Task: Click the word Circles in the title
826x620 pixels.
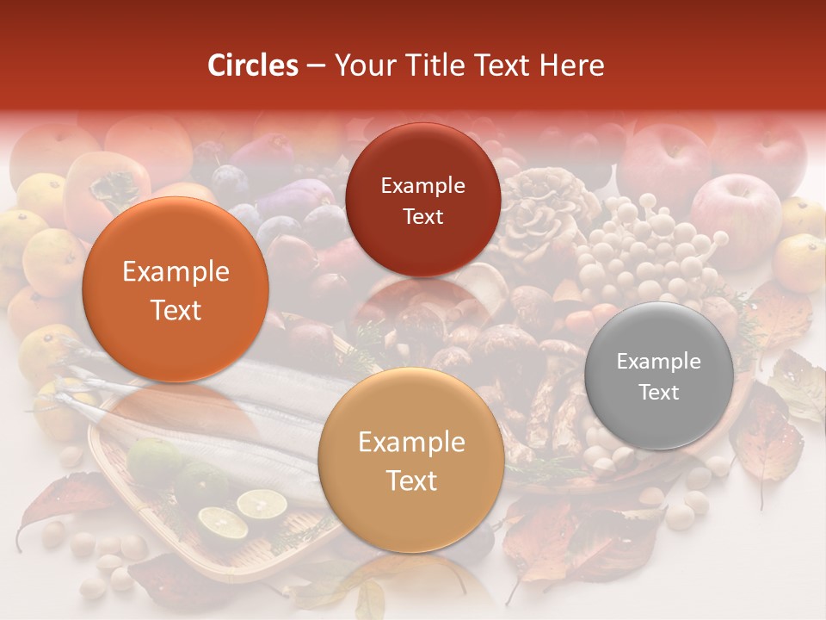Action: point(252,65)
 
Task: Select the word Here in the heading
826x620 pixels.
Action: point(571,65)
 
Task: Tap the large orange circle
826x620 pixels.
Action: point(176,289)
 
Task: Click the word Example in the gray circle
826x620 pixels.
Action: point(659,362)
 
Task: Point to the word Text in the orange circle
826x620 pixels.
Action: point(176,310)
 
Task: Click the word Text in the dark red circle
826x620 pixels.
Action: point(422,217)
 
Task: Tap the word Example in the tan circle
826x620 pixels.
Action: point(411,443)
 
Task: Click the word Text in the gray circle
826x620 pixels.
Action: point(659,393)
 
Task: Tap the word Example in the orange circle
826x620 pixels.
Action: point(176,272)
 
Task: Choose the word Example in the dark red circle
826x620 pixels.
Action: point(422,186)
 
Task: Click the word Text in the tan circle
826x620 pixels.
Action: point(411,480)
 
